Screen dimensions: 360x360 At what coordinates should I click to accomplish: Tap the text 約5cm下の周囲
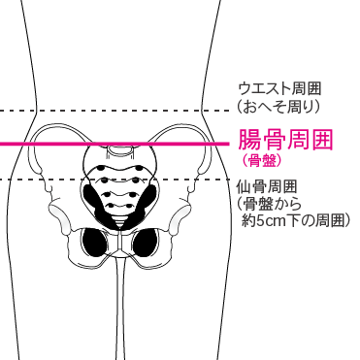coord(295,221)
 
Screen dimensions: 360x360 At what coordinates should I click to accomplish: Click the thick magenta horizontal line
coord(116,144)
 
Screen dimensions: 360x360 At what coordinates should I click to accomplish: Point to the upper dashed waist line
coord(116,110)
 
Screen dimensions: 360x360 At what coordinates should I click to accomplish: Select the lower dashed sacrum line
coord(58,178)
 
